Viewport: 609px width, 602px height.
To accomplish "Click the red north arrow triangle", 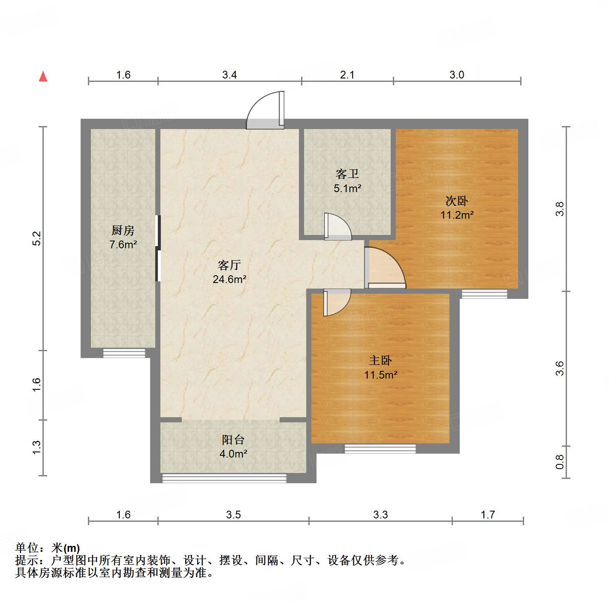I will [43, 76].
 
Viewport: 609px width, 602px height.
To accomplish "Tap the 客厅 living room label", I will [229, 265].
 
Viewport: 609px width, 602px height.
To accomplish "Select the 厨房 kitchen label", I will [123, 230].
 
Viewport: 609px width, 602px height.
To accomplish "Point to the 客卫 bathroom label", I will [347, 174].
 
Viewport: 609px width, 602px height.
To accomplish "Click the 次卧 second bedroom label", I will [457, 201].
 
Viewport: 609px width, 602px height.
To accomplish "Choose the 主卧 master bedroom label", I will [380, 361].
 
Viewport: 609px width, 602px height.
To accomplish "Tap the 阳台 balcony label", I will [233, 439].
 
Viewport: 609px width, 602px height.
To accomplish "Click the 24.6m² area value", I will [229, 280].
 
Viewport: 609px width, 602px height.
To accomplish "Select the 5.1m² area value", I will [347, 188].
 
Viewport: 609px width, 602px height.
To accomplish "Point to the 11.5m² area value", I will [381, 375].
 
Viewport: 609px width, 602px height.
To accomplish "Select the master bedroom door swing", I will [337, 302].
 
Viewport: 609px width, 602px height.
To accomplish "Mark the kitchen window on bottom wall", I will [124, 353].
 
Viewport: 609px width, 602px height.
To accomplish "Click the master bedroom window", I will [380, 449].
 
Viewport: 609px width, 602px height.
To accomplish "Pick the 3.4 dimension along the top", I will [229, 75].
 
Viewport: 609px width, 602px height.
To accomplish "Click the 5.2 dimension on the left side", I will [37, 238].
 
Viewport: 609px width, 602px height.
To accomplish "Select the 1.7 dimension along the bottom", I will [488, 515].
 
